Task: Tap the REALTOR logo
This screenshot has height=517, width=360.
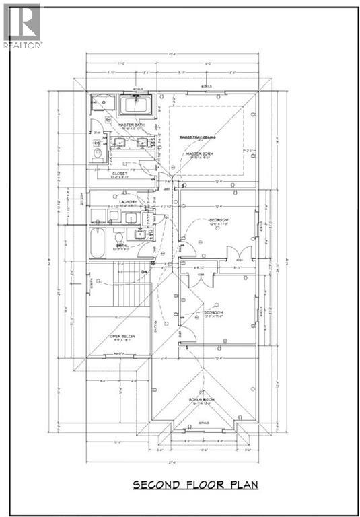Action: (22, 26)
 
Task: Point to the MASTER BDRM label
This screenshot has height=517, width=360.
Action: (200, 154)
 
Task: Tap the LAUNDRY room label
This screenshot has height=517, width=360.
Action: (128, 201)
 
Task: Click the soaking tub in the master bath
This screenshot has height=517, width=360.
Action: (139, 106)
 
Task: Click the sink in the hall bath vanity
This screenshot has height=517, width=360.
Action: (140, 234)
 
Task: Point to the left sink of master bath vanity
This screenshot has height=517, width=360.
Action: (121, 142)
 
